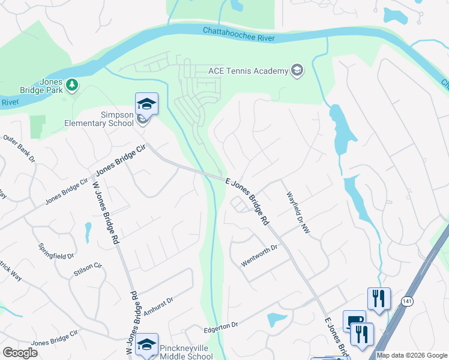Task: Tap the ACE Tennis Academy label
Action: tap(248, 71)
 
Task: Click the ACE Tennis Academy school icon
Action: tap(297, 71)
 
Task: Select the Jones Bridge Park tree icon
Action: tap(73, 85)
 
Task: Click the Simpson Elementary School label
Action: tap(99, 119)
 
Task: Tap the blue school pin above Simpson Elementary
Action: tap(146, 104)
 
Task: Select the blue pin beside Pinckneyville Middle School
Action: tap(146, 344)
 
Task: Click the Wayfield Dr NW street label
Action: tap(299, 212)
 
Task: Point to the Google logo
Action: tap(20, 353)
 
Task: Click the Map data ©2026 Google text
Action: tap(411, 355)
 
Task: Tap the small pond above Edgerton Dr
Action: tap(277, 319)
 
